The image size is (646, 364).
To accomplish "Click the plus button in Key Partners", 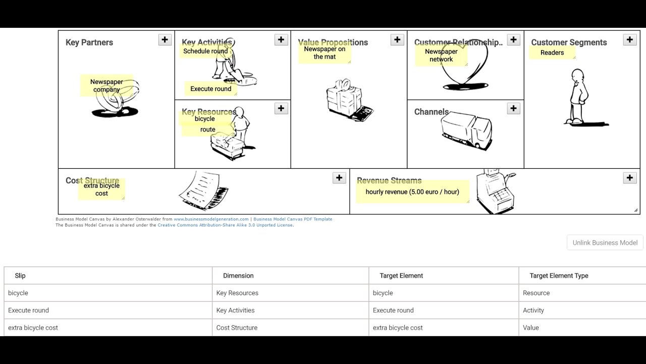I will point(165,40).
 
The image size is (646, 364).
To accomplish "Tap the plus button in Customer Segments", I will point(630,40).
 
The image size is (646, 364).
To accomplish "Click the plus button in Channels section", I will point(513,108).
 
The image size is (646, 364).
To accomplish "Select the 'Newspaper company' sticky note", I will point(106,85).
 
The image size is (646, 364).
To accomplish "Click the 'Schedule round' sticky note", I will point(205,51).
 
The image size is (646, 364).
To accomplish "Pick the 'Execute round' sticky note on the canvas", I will point(210,89).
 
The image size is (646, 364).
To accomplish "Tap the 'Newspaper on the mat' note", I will point(325,53).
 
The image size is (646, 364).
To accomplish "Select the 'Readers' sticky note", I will point(552,53).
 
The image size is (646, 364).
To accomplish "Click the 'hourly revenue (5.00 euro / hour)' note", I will point(412,192).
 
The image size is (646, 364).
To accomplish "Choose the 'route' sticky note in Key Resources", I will point(207,130).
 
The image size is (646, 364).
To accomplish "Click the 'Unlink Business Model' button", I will point(605,243).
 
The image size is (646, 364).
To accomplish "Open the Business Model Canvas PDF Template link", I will point(293,219).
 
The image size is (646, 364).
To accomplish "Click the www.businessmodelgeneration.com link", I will point(211,219).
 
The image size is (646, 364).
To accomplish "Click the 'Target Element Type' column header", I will point(559,276).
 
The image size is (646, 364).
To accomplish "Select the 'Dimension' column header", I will point(238,276).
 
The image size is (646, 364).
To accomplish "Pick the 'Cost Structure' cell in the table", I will point(237,328).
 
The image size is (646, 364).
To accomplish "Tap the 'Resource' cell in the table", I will point(536,293).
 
